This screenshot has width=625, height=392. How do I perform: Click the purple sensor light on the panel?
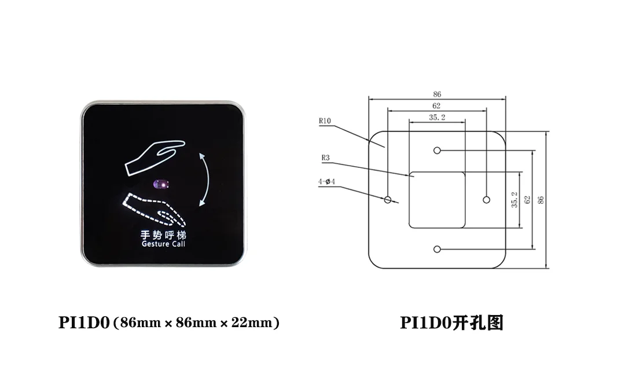coord(161,185)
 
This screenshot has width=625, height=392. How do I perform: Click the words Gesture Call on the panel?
coord(163,244)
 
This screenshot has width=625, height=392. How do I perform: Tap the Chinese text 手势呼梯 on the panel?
coord(163,235)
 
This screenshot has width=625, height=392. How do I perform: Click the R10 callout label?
coord(324,121)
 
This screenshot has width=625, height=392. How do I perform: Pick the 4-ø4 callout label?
coord(326,182)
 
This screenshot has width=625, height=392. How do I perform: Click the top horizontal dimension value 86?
coord(437,94)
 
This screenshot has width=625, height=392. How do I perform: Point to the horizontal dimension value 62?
coord(436,106)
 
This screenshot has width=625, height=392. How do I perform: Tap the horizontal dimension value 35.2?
coord(437,118)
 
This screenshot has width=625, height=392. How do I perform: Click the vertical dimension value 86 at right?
coord(541,200)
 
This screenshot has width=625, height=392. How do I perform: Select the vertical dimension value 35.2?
coord(514,200)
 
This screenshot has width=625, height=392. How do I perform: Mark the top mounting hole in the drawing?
coord(437,151)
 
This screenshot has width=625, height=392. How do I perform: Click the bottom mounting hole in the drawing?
coord(437,250)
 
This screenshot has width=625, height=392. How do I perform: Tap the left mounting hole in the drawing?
coord(388,200)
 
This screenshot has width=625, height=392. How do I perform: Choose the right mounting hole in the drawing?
coord(486,200)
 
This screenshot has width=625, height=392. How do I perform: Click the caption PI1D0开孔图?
coord(451,323)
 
